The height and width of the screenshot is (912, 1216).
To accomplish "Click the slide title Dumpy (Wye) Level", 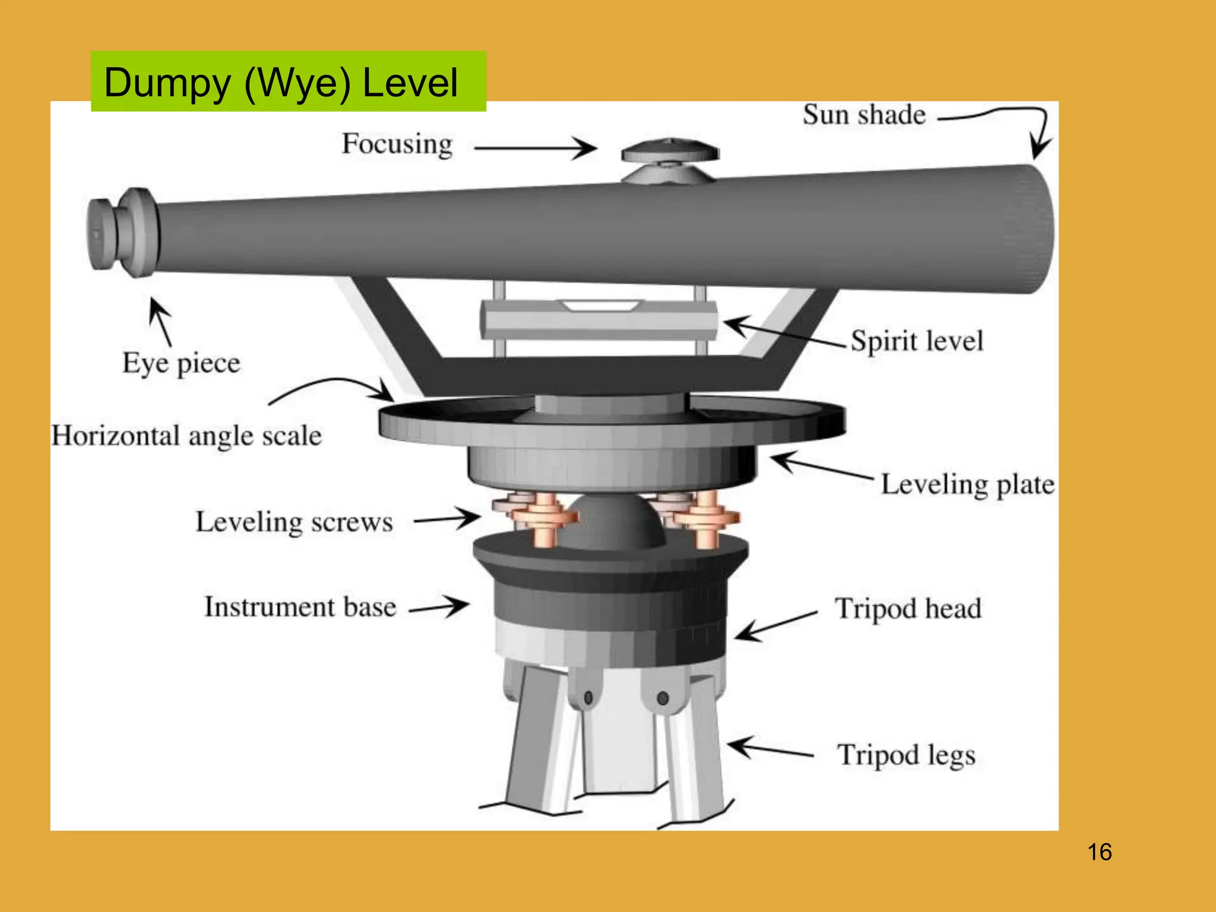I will [x=281, y=82].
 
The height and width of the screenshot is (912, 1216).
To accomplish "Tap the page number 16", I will [x=1099, y=852].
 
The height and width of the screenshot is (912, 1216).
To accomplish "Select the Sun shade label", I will [x=864, y=115].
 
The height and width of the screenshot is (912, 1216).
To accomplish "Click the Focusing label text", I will [x=397, y=144].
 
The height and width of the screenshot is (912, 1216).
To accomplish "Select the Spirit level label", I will [x=917, y=341].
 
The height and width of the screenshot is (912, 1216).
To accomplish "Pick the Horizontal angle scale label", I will [x=186, y=436].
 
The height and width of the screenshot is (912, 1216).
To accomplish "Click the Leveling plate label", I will [x=967, y=484].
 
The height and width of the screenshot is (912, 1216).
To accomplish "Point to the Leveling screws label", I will [x=294, y=522].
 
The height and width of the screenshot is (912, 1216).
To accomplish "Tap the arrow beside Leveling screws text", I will [x=446, y=518].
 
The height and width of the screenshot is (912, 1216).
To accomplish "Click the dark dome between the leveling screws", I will [x=612, y=522].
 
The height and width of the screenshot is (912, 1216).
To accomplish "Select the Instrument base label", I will [x=300, y=607].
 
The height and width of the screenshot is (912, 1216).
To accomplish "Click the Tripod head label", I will [x=908, y=609].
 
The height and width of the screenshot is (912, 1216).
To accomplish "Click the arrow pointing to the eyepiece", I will [x=160, y=321].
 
